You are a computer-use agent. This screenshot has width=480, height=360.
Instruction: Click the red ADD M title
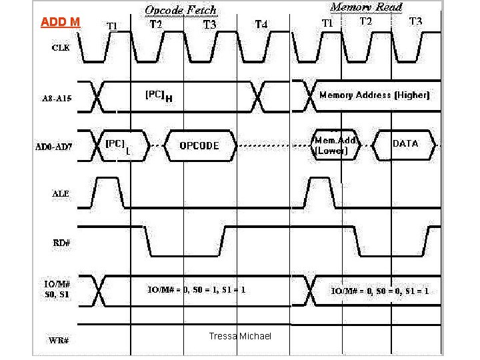[x=60, y=22]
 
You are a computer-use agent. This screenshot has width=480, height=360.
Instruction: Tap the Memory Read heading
[x=366, y=7]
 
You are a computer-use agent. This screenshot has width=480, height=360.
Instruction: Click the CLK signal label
[x=61, y=49]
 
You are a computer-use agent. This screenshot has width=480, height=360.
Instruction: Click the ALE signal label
[x=61, y=193]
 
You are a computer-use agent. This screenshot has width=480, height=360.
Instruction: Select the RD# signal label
[x=61, y=243]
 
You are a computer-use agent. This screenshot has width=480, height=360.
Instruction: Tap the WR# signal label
[x=59, y=339]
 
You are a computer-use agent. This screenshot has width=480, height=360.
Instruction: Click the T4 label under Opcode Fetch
[x=262, y=25]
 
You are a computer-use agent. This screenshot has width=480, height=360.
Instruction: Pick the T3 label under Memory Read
[x=415, y=21]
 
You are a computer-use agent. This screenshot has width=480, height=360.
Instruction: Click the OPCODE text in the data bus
[x=199, y=146]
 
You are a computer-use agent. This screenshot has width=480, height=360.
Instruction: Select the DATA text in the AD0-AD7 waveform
[x=405, y=143]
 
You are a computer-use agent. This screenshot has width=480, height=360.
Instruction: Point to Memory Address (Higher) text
[x=375, y=95]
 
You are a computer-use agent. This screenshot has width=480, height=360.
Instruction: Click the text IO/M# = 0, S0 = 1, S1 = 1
[x=196, y=290]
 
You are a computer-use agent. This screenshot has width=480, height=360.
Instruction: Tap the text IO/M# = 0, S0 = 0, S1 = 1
[x=380, y=291]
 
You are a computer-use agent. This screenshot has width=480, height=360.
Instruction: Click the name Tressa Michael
[x=240, y=336]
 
